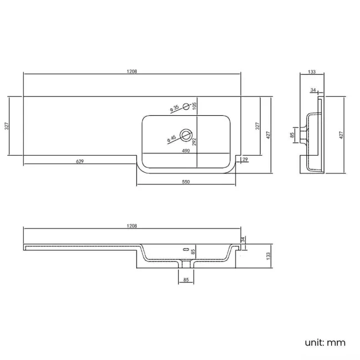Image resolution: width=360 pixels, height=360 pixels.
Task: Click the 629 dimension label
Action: pos(80,161)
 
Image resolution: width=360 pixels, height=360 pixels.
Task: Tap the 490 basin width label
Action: pos(186,151)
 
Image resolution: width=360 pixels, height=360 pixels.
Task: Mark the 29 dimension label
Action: pos(245,160)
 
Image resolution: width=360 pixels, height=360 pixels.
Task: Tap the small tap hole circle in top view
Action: pos(186,104)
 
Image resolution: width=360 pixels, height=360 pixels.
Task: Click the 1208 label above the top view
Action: pos(132,71)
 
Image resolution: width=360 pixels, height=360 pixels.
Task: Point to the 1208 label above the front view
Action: pos(132,226)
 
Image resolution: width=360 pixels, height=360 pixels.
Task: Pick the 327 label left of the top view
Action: pos(7,126)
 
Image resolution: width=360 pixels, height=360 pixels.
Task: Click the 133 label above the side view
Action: pos(312,72)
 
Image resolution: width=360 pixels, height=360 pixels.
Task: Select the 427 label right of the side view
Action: pos(342,135)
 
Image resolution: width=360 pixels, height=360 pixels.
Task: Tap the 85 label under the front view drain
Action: pos(186,280)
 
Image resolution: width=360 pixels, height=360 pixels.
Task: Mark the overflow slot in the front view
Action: pos(186,249)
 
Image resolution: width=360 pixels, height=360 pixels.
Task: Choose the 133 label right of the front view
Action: pos(268,256)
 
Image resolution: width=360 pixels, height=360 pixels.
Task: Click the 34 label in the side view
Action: pos(313,90)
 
